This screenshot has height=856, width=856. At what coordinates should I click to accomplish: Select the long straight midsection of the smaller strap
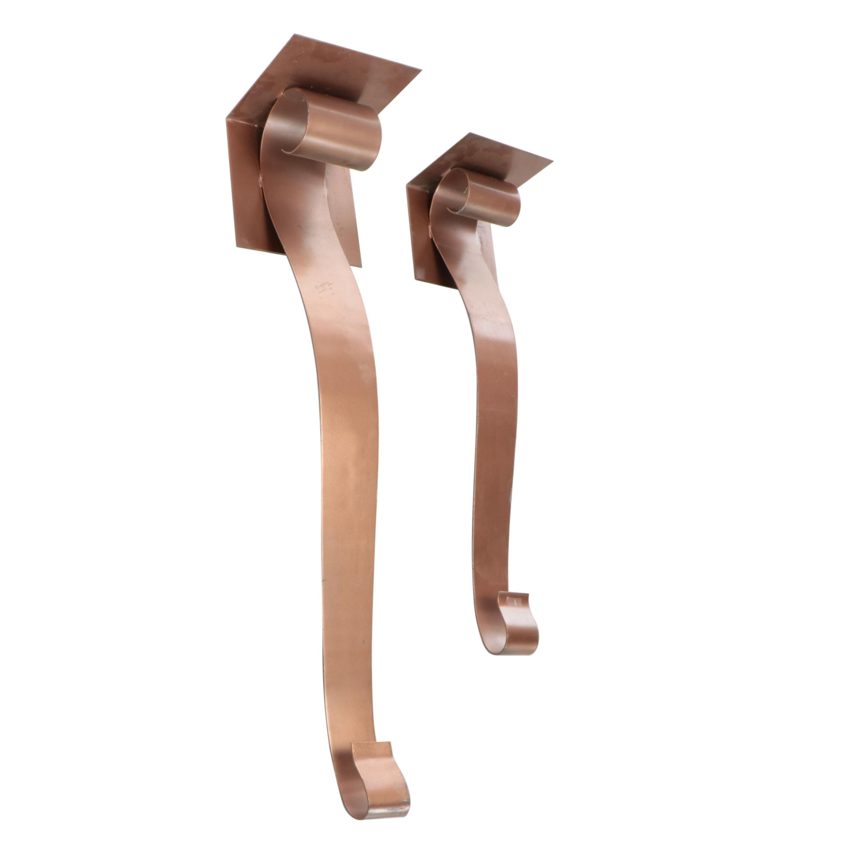pos(494,465)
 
